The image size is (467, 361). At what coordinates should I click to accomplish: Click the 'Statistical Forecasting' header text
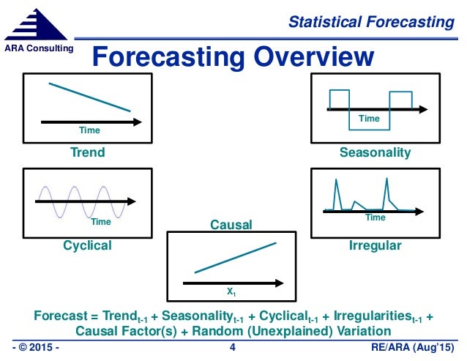pos(370,22)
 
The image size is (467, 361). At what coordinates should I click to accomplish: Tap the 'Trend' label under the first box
pos(87,153)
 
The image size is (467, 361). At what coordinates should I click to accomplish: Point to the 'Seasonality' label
pos(375,153)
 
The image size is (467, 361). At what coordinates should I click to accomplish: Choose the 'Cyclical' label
pos(87,245)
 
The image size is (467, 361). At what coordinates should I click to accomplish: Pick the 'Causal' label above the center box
pos(231,226)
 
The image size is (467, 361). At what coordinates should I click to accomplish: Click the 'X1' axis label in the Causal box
pos(231,291)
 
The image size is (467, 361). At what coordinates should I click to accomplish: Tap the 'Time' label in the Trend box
pos(89,130)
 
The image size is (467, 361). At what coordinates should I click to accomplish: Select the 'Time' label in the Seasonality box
pos(369,118)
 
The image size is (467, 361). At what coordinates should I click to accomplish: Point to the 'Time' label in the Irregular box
pos(375,217)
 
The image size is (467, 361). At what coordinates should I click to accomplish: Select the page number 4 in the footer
pos(232,346)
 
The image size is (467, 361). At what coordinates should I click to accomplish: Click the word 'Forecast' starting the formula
pos(59,316)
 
